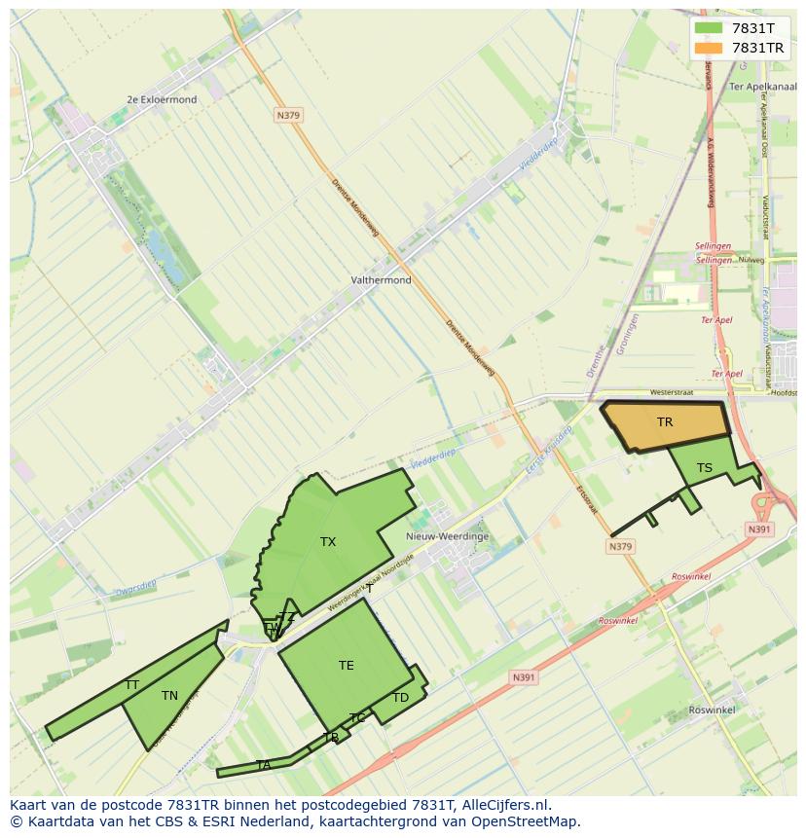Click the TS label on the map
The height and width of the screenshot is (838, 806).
point(705,468)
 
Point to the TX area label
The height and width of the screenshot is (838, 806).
point(328,542)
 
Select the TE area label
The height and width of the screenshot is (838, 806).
point(347,666)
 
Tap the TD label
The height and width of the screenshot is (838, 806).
point(400,698)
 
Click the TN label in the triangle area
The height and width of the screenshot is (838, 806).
point(169,696)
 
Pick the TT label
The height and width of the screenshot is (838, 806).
point(131,685)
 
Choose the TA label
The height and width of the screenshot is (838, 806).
point(263,766)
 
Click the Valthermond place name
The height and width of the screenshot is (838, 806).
point(381,280)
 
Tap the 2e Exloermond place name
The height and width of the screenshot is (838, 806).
point(162,99)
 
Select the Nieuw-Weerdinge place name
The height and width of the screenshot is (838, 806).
point(447,536)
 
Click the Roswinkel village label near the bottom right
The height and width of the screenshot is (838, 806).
point(712,710)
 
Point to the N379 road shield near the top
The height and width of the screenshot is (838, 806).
point(288,115)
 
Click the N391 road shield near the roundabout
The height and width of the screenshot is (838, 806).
point(759,529)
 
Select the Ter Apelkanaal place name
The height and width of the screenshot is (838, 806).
point(763,86)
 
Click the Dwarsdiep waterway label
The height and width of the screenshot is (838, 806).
point(135,586)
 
